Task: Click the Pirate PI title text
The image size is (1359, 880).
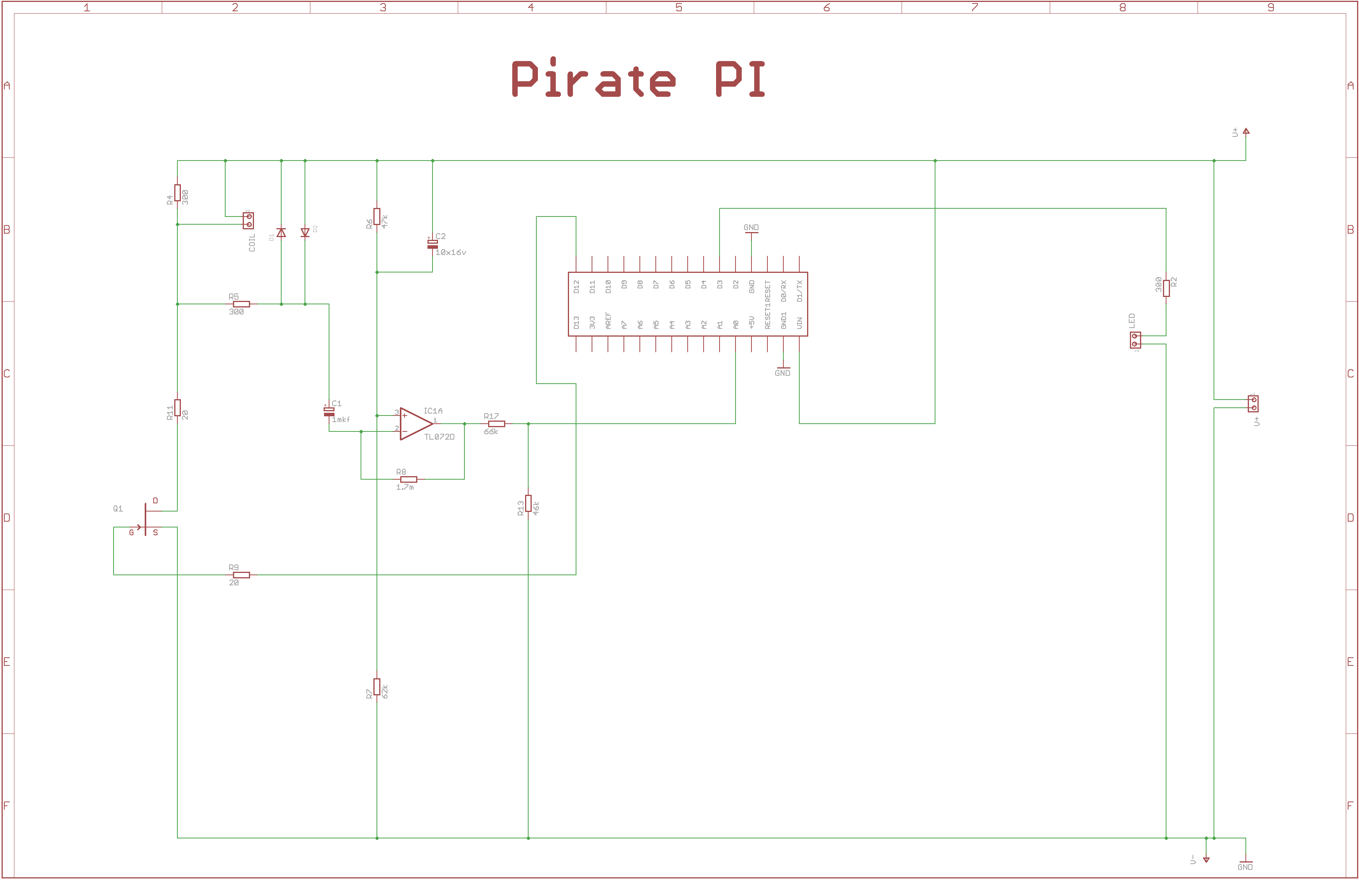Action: (638, 79)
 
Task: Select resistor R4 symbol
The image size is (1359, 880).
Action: (178, 193)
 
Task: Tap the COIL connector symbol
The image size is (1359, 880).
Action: (249, 220)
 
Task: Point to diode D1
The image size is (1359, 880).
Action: (281, 233)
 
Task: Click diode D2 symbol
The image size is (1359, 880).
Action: (305, 233)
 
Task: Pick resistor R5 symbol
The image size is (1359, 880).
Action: (241, 304)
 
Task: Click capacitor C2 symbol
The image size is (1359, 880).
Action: (432, 244)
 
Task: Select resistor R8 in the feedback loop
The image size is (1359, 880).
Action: (408, 479)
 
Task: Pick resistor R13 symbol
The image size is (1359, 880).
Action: (528, 503)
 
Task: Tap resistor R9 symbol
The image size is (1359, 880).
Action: (241, 575)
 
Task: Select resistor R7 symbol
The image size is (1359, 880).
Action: (377, 686)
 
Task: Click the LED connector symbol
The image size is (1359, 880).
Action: (1135, 340)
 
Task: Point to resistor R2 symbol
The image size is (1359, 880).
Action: (1166, 288)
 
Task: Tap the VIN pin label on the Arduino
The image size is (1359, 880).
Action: (799, 323)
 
